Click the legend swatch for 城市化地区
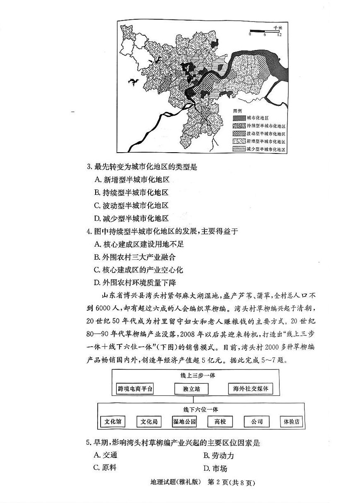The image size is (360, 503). coord(239,117)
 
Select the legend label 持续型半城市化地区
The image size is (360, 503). coord(266,126)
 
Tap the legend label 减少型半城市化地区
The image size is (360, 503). coord(266,149)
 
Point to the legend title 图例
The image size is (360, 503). coord(237,111)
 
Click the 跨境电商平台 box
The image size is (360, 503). coord(135,389)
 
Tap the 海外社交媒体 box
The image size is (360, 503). coord(250,389)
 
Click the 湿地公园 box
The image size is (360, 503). coord(184,422)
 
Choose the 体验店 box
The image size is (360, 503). coord(291,422)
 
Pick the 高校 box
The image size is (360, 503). coord(220,422)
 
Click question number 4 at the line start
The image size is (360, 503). coord(89,231)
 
